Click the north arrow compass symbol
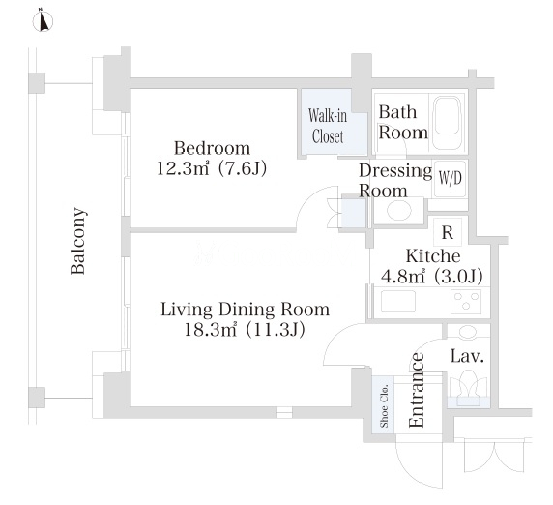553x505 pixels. (x=44, y=21)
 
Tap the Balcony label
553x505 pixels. (x=78, y=241)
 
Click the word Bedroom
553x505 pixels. (x=213, y=148)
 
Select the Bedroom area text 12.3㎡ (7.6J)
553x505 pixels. (x=212, y=168)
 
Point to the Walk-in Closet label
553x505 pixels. (x=328, y=126)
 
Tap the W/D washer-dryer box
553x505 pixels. (x=451, y=179)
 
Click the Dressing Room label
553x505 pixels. (x=395, y=181)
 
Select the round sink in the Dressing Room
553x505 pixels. (x=399, y=210)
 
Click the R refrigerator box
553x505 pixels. (x=448, y=232)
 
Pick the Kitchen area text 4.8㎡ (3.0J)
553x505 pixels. (x=432, y=276)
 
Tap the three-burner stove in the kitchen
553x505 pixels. (x=466, y=302)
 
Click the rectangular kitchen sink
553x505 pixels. (x=397, y=301)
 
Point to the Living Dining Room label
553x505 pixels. (x=246, y=310)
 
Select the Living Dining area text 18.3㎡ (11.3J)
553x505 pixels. (x=245, y=330)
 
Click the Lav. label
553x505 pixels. (x=467, y=356)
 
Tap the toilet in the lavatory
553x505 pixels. (x=468, y=388)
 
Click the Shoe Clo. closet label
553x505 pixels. (x=385, y=406)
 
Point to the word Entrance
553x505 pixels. (x=417, y=390)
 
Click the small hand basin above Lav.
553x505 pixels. (x=468, y=332)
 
